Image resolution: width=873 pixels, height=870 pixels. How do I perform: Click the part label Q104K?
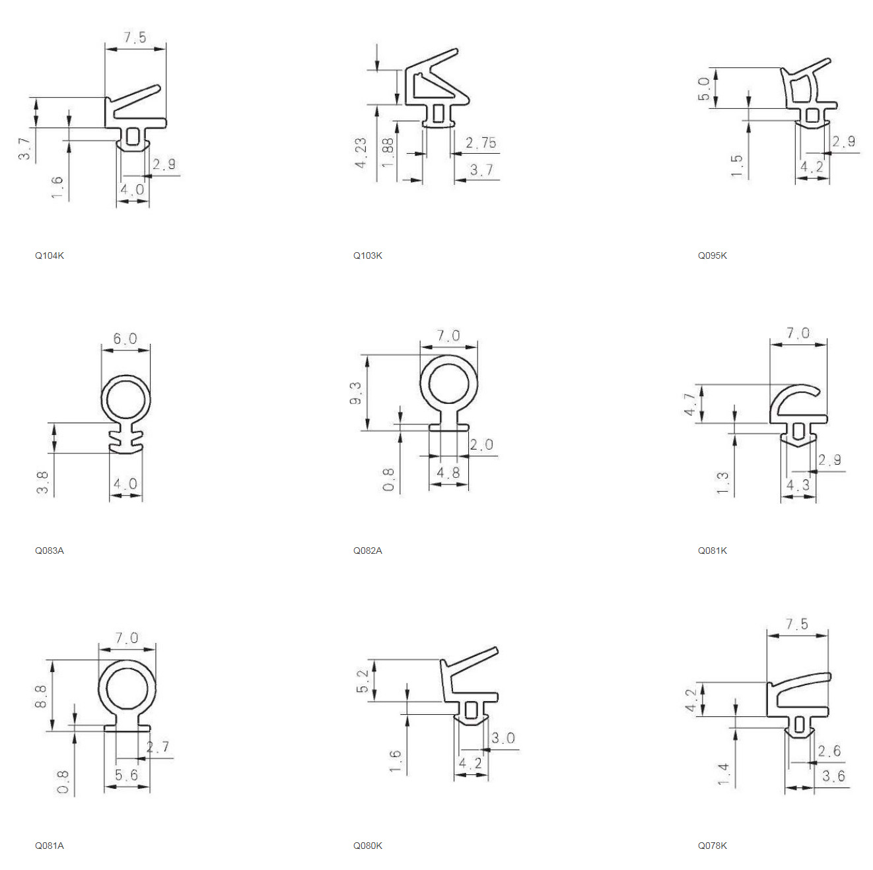point(50,255)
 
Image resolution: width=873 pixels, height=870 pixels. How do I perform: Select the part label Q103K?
point(367,255)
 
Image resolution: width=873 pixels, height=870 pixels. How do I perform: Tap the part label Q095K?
point(712,255)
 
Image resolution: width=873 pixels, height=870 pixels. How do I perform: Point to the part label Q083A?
point(50,551)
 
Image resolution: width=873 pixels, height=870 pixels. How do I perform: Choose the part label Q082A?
point(367,551)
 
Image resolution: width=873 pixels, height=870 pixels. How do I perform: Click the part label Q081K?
point(712,551)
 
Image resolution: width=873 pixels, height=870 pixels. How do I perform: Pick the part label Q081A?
point(50,846)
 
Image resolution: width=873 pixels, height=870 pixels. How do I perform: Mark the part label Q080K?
point(367,846)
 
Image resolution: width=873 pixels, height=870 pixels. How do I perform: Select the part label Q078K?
point(712,846)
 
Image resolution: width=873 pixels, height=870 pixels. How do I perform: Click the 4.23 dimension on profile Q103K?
point(361,153)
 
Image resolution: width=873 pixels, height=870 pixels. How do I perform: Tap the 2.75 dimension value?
point(481,143)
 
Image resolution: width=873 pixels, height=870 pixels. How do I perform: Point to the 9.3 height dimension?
point(356,393)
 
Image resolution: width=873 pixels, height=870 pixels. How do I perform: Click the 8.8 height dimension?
point(40,696)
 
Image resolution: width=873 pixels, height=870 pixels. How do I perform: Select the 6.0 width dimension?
point(125,339)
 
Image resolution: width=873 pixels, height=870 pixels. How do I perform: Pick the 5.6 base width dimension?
point(126,775)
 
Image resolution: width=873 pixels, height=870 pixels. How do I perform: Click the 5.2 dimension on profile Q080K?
point(363,682)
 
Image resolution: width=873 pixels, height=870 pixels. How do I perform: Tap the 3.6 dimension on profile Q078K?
point(833,776)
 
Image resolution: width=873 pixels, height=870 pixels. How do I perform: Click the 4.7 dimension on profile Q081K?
point(690,405)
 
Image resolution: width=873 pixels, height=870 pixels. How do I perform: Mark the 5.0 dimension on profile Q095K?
point(704,88)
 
